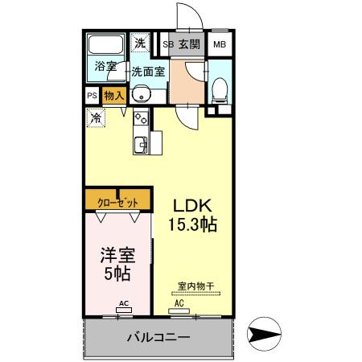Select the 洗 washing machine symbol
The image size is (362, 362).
point(141,43)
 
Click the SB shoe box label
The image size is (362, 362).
point(168,44)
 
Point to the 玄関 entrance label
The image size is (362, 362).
point(189,44)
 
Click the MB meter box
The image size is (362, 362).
point(220,44)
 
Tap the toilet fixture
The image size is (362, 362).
point(219,90)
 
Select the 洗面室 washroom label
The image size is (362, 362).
point(148,70)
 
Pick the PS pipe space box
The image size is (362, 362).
point(92,95)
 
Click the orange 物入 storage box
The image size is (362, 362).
point(113,95)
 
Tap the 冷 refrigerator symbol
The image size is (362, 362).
point(96,117)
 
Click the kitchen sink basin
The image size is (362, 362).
point(139,145)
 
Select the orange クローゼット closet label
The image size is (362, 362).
point(117,201)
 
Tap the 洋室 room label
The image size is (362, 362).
point(117,256)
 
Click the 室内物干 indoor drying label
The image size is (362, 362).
point(195,286)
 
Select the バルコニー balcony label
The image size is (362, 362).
point(157,338)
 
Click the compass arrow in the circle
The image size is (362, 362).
point(263,332)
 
